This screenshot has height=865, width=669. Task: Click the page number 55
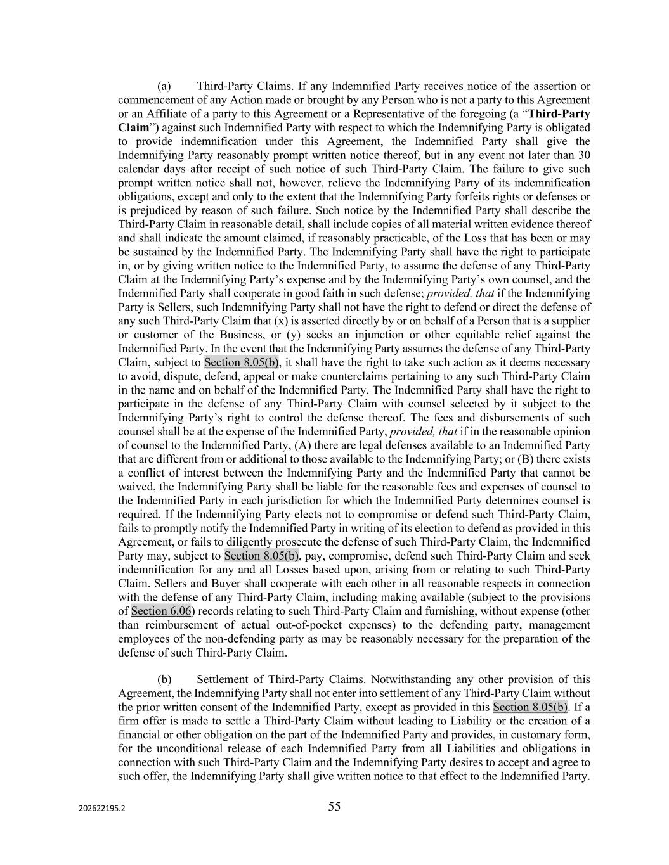point(334,806)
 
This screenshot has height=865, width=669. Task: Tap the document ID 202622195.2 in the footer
point(102,808)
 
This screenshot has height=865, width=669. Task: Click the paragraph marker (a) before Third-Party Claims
point(164,86)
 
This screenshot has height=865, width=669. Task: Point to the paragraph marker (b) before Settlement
point(164,679)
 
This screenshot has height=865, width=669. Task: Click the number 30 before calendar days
point(584,155)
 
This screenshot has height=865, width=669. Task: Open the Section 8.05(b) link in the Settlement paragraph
point(530,707)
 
